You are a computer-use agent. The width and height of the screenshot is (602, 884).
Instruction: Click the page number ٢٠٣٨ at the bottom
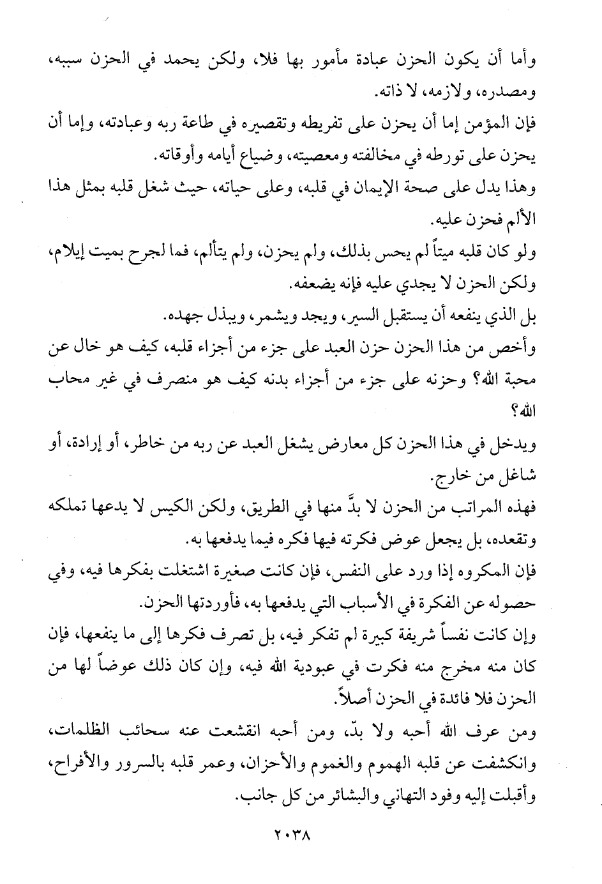pyautogui.click(x=300, y=834)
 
